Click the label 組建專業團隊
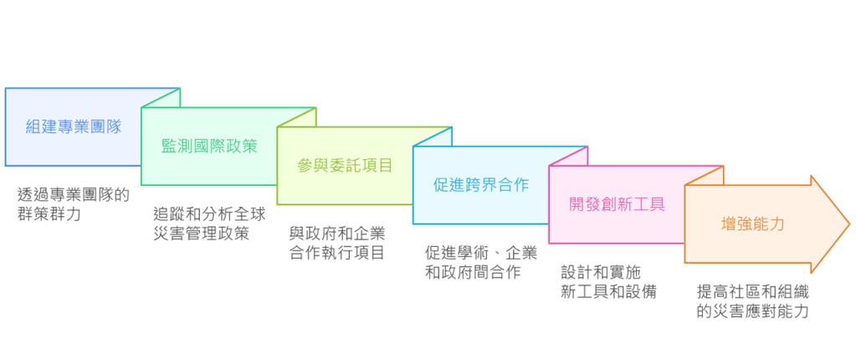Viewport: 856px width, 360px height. pos(74,126)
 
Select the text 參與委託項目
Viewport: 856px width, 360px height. pos(345,165)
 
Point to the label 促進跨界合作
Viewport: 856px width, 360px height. pos(481,185)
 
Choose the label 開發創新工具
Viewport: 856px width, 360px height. pos(617,204)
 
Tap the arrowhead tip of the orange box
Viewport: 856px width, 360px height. pos(848,224)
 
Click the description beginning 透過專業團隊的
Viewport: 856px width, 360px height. pos(74,195)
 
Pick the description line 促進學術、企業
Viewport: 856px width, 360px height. pos(481,254)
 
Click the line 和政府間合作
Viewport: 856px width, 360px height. pos(474,273)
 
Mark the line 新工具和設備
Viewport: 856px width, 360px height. pos(608,292)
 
